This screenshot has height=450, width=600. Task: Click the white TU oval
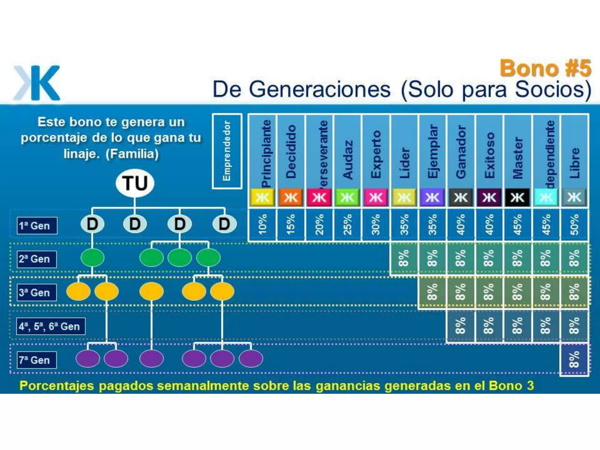135,183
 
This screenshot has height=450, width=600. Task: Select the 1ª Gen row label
37,226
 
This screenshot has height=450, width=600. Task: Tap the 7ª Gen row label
37,360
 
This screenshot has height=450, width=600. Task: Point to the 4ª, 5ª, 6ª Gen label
51,326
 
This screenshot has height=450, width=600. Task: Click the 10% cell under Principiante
262,224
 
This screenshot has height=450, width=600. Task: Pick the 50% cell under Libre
574,224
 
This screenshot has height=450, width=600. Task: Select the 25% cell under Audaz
347,224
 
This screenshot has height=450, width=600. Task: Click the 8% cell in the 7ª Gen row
574,359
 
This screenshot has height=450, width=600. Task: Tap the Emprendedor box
227,151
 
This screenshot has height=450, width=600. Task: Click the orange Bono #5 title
546,68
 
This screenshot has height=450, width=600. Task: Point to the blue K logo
37,83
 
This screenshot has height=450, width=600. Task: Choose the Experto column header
376,154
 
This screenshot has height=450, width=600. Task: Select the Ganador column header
461,152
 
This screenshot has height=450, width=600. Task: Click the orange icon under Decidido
291,197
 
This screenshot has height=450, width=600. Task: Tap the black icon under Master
517,197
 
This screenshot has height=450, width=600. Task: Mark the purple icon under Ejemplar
432,197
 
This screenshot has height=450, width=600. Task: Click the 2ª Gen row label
37,259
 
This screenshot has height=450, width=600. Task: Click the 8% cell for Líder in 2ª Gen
404,258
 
